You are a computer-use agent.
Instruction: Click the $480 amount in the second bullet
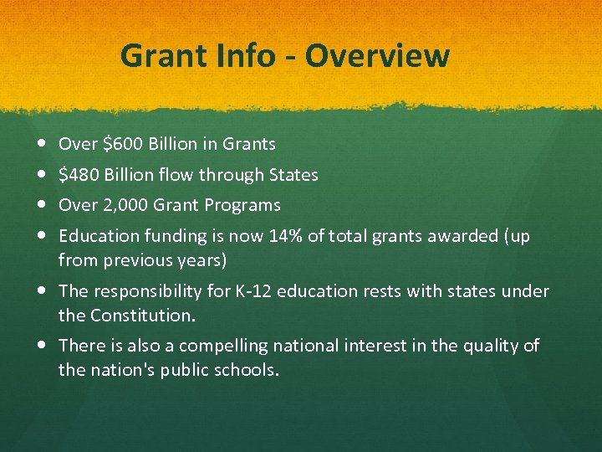pos(79,175)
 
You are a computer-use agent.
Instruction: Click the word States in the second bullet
pos(293,175)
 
